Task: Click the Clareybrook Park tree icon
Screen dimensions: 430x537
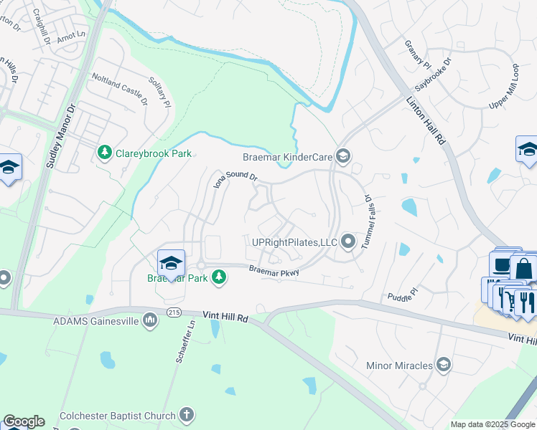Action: tap(105, 153)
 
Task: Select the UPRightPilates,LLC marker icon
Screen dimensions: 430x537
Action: tap(348, 242)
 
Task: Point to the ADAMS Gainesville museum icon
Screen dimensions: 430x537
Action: tap(150, 319)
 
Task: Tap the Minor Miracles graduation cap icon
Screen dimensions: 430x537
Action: tap(444, 365)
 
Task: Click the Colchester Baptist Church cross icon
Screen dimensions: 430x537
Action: tap(186, 414)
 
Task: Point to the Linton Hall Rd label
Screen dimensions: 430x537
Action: tap(427, 123)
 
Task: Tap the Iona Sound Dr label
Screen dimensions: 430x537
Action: tap(235, 178)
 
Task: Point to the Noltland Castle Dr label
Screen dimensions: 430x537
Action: tap(118, 88)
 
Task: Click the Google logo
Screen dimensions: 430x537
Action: tap(24, 421)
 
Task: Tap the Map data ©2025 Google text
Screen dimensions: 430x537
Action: tap(492, 424)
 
